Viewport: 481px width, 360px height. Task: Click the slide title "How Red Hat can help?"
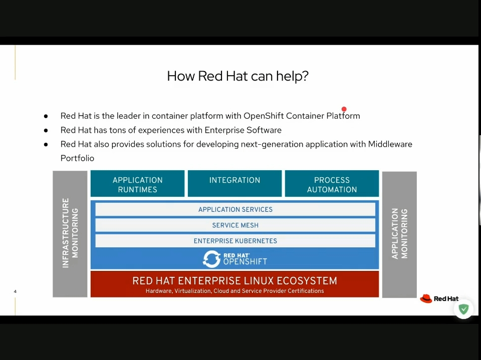pos(237,76)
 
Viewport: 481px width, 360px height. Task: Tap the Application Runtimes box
pos(137,184)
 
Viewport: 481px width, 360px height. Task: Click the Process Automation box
pos(332,184)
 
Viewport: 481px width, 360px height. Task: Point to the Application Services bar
pos(235,209)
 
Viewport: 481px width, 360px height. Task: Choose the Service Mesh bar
pos(235,225)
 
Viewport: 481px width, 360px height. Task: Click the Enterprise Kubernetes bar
pos(235,241)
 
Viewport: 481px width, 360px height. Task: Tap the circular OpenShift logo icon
pos(211,259)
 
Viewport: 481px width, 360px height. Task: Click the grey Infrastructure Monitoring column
pos(70,233)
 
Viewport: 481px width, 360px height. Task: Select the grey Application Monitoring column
pos(399,233)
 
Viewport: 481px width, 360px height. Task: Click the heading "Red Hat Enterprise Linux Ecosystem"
pos(234,281)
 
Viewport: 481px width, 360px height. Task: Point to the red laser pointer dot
pos(344,109)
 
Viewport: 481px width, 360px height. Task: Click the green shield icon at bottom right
pos(464,309)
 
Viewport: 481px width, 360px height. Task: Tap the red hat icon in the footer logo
pos(426,298)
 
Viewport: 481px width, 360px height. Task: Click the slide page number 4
pos(15,291)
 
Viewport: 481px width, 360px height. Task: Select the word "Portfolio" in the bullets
pos(77,158)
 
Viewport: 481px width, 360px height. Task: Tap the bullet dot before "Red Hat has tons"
pos(46,130)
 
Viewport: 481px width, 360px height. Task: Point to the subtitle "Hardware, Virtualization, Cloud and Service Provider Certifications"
pos(234,291)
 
